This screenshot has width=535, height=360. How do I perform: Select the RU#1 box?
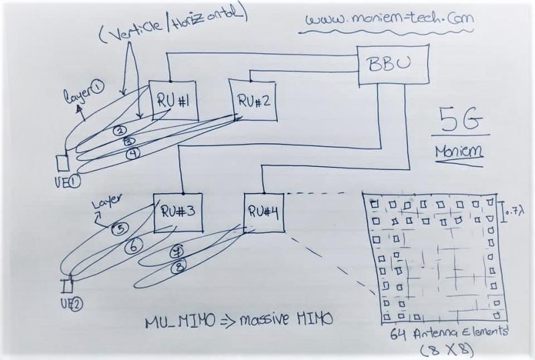tap(170, 100)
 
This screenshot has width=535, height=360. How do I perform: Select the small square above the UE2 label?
tap(68, 286)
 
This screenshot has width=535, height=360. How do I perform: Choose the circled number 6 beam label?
tap(133, 246)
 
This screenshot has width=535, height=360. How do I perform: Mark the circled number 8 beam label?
tap(179, 266)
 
